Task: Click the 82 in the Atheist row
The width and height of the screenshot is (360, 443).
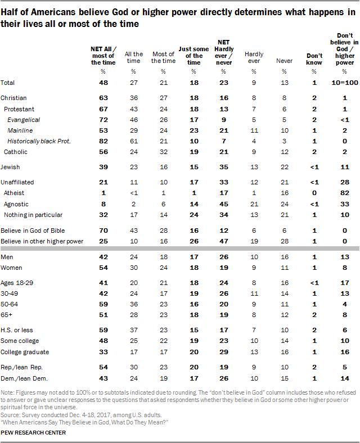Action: click(344, 193)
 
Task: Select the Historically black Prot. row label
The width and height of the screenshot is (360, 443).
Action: click(39, 141)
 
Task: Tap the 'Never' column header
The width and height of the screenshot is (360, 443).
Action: click(284, 61)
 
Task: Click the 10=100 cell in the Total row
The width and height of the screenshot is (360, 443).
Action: click(345, 83)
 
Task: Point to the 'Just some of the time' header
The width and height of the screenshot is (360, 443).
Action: click(193, 56)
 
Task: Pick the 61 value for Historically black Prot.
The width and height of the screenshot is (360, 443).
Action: click(134, 141)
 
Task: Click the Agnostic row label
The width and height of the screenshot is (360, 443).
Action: click(16, 204)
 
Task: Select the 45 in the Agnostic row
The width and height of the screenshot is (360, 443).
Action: click(224, 204)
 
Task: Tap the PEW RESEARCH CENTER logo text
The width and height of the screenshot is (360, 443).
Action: click(33, 433)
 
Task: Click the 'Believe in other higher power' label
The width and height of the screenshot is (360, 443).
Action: click(42, 241)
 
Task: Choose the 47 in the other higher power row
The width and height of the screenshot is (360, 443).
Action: click(224, 241)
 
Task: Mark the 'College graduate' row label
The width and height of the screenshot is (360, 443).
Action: click(25, 352)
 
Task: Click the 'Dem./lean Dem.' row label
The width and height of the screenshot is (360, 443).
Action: click(24, 378)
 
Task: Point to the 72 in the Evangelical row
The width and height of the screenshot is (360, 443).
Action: click(103, 120)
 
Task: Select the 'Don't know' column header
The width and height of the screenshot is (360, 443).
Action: click(314, 59)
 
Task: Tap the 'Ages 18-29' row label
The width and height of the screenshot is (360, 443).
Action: click(17, 283)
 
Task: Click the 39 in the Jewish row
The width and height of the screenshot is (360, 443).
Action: click(103, 167)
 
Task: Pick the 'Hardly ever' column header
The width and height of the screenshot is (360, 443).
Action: click(254, 57)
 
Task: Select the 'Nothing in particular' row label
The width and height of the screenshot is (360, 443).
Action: click(33, 215)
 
